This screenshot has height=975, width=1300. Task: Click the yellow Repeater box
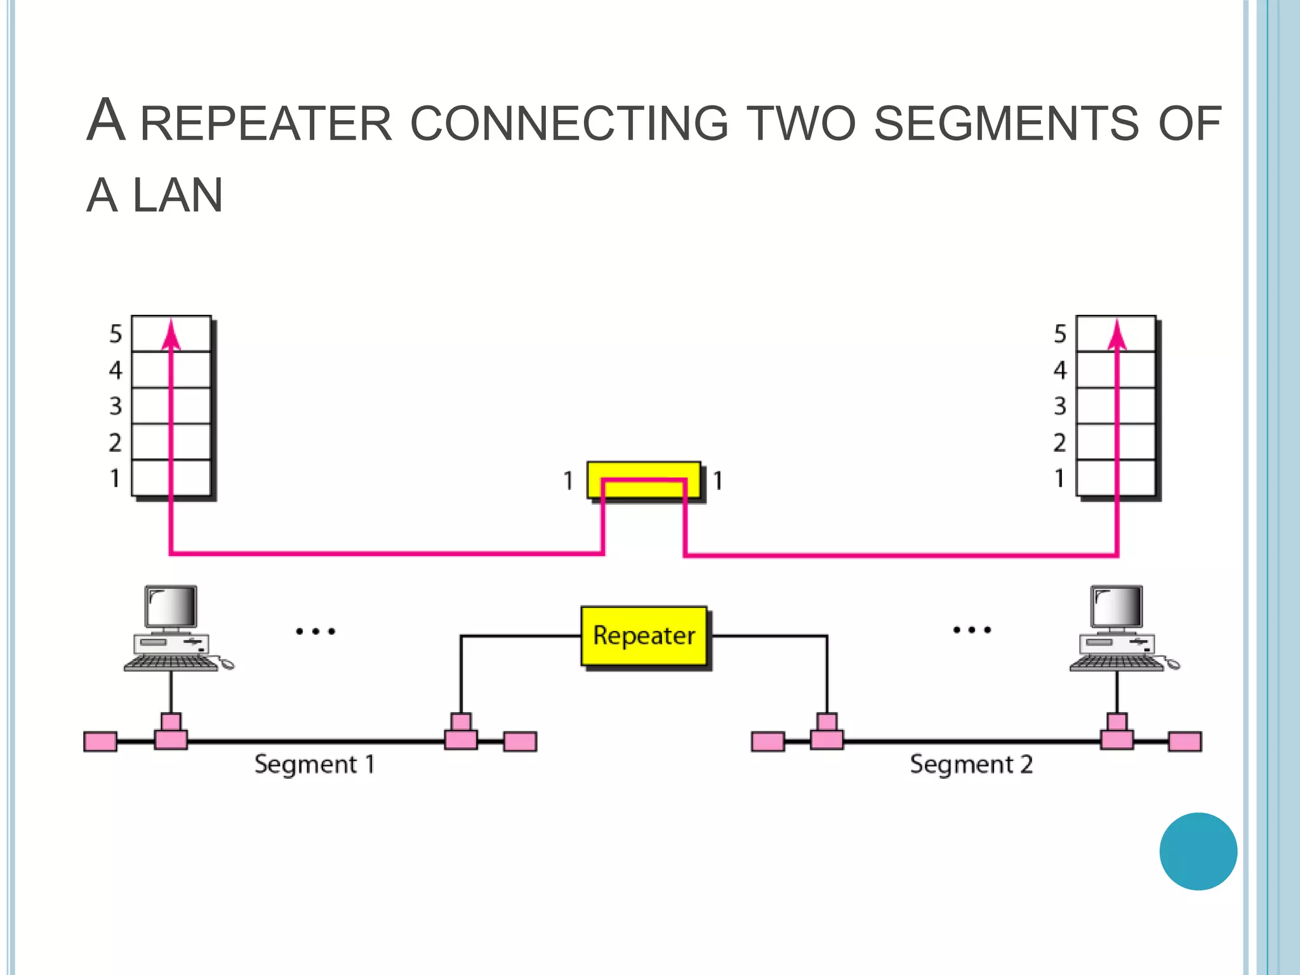tap(644, 636)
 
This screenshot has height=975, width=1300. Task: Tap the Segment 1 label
tap(314, 764)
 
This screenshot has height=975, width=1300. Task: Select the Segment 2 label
tap(971, 764)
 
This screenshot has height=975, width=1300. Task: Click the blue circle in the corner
tap(1198, 851)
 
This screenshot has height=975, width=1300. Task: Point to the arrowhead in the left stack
tap(171, 335)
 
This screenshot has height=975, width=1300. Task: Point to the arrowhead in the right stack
tap(1117, 335)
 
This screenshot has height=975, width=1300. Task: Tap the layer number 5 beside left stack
tap(115, 334)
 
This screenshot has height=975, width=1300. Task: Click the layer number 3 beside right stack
tap(1059, 406)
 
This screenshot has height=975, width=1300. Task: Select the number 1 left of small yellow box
tap(568, 481)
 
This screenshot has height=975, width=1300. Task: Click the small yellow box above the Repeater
tap(644, 480)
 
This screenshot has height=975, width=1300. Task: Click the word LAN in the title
tap(178, 196)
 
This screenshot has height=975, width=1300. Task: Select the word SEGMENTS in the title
tap(1007, 123)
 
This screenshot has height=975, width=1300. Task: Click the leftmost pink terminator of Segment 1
tap(100, 741)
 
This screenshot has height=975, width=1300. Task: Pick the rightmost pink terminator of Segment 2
tap(1184, 741)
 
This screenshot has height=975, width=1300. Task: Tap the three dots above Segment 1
tap(315, 631)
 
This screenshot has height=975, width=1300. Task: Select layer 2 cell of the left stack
tap(171, 442)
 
